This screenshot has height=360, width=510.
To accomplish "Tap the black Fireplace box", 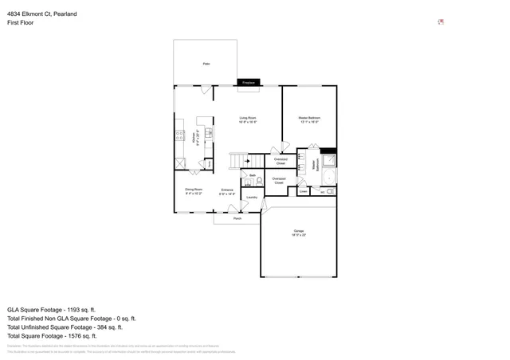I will tap(248, 82).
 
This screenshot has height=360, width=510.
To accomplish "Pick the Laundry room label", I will tap(251, 197).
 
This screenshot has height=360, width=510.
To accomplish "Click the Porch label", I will tap(237, 217).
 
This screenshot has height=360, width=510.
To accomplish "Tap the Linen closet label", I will tap(304, 191).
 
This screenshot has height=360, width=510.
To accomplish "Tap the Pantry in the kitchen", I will tap(210, 164).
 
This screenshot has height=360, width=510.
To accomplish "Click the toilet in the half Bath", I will tap(259, 182).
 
